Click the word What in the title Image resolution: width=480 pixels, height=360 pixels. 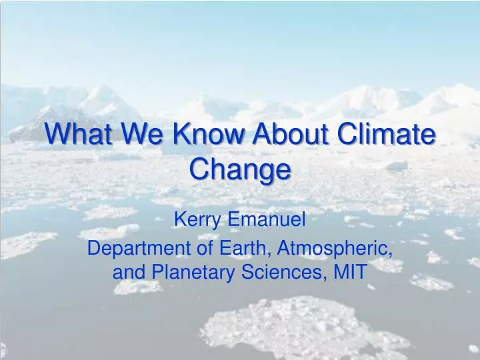pos(78,133)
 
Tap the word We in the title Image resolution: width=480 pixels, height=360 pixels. pos(142,133)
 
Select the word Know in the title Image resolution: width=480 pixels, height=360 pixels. pos(209,133)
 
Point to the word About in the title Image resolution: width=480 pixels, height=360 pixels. pos(290,133)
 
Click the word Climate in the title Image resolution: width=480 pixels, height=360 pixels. pos(386,133)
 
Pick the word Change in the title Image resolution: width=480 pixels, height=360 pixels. pos(240,170)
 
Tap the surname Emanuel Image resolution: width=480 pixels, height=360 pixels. pos(266,219)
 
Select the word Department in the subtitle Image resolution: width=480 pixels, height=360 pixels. pos(139,249)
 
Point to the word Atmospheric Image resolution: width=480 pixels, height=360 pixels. pos(335,249)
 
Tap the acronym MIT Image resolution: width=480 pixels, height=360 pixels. pos(350,271)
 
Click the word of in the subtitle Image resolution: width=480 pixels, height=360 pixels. pos(205,248)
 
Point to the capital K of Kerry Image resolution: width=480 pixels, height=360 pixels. pos(180,219)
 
